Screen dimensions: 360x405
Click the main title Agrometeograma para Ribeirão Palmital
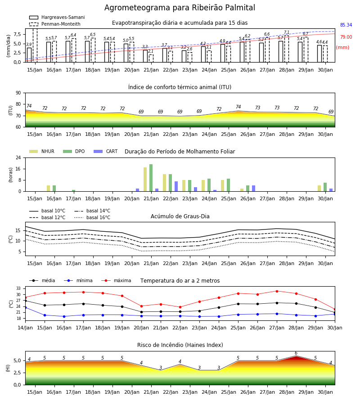(180, 8)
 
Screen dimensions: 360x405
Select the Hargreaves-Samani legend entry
(57, 17)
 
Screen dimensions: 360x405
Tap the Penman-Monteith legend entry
(55, 24)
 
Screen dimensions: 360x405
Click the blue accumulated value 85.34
(346, 25)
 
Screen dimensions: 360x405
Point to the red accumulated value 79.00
(346, 37)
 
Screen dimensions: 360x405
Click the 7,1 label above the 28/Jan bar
(287, 32)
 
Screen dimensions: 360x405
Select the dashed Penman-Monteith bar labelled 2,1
(151, 58)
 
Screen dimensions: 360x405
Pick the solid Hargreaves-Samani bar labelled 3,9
(29, 55)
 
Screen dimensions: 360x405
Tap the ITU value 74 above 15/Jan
(29, 106)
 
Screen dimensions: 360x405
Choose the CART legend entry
(106, 151)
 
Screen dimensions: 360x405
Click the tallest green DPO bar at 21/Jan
(151, 178)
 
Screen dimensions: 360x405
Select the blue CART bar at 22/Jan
(176, 186)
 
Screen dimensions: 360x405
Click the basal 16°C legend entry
(92, 217)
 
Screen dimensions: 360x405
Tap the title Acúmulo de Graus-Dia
(180, 216)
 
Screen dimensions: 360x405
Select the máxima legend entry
(116, 280)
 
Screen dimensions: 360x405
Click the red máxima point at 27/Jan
(277, 291)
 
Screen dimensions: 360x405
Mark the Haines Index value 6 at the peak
(296, 353)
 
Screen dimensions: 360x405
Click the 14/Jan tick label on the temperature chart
(25, 328)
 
